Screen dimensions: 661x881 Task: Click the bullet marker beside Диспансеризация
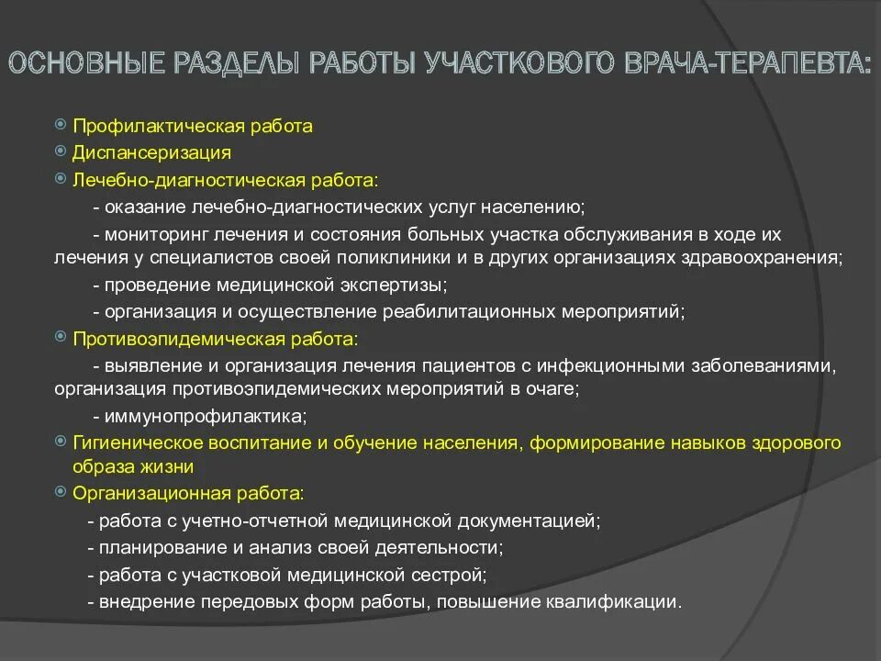[x=61, y=151]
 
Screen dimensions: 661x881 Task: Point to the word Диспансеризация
[x=152, y=151]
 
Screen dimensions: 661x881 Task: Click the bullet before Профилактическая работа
[x=61, y=125]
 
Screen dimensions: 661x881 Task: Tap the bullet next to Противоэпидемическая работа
[x=61, y=339]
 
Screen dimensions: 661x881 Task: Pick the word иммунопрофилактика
[x=203, y=416]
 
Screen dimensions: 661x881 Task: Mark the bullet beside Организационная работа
[x=61, y=492]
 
